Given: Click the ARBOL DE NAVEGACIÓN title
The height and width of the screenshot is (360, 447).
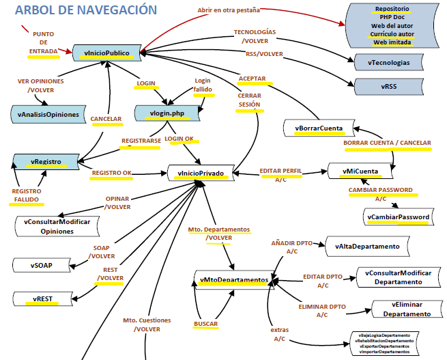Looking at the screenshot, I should pos(85,10).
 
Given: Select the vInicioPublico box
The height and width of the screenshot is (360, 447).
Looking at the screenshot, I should pos(109,52).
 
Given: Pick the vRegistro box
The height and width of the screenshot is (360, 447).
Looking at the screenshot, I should pos(46,162).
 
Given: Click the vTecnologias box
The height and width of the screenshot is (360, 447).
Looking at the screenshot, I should pos(389,62).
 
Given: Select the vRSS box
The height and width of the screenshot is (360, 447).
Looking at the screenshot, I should pos(389,87).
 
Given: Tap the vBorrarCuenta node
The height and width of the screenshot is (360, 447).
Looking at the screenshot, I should pos(319,128).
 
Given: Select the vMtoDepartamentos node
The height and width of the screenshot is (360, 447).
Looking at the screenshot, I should pos(233,280).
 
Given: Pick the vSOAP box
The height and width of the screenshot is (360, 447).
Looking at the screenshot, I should pos(42,265).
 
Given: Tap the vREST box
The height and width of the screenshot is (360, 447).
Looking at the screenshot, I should pos(42,299).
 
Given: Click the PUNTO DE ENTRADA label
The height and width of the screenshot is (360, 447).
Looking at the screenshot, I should pos(43,42).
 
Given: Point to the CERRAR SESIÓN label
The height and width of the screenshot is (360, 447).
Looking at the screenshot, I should pos(249,100).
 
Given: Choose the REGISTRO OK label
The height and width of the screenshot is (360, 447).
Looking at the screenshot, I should pos(111,173).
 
